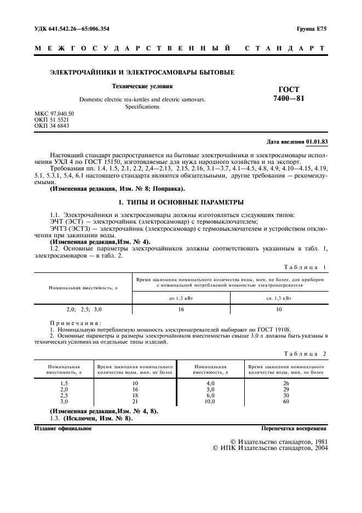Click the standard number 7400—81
pyautogui.click(x=289, y=98)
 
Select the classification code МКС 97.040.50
pyautogui.click(x=54, y=113)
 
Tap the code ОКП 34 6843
pyautogui.click(x=51, y=126)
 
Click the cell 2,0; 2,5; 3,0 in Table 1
pyautogui.click(x=84, y=309)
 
